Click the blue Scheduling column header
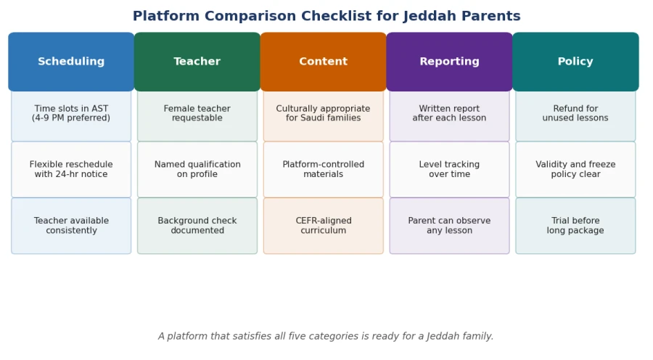pos(71,62)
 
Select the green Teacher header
pos(197,62)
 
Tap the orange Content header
pos(323,62)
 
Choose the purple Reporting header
pos(449,62)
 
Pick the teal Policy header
pos(575,62)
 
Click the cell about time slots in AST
pos(71,116)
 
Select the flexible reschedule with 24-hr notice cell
pos(71,170)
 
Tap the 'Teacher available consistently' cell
pos(71,226)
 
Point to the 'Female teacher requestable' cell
pos(197,116)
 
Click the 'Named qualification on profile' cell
pos(197,170)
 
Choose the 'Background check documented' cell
pos(197,226)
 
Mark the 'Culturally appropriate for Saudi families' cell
pos(323,116)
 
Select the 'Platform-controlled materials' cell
pos(323,170)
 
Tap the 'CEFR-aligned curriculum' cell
pos(323,226)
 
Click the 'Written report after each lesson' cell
pos(449,116)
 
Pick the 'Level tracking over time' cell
pos(449,170)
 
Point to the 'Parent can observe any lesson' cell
pos(449,226)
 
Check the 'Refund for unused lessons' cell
pos(575,116)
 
